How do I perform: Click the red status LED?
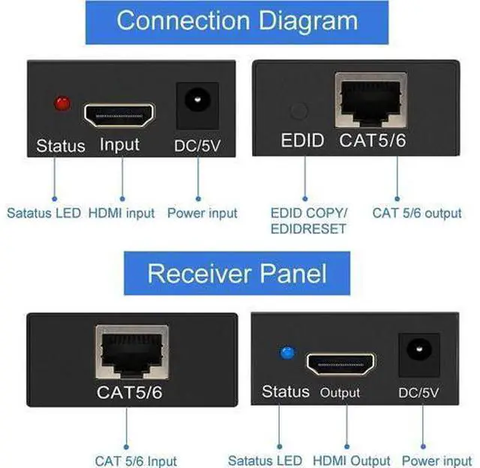tap(62, 103)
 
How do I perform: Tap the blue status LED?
tap(286, 352)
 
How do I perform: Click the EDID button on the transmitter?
tap(298, 111)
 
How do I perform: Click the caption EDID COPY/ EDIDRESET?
tap(308, 220)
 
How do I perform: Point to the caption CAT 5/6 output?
tap(417, 213)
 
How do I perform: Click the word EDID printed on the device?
tap(301, 140)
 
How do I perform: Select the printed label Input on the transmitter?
tap(120, 143)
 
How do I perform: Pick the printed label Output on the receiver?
tap(340, 393)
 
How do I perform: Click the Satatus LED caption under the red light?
tap(43, 213)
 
